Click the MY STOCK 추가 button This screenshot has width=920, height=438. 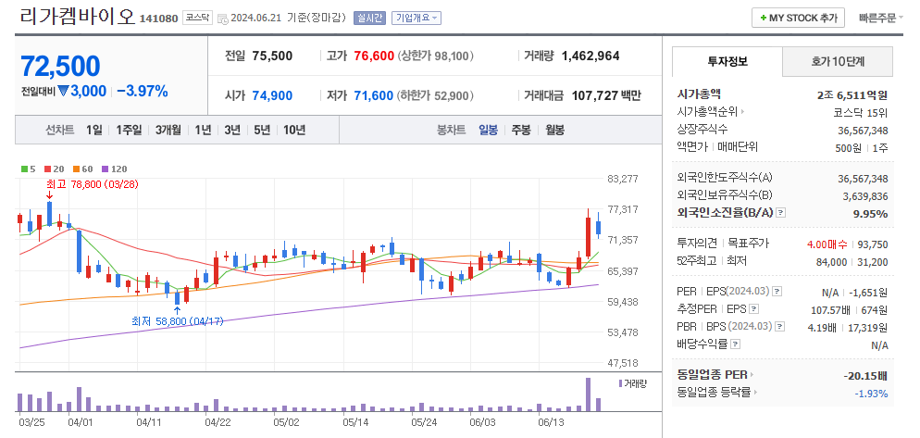[x=799, y=18]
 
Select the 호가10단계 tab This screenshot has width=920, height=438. [x=838, y=61]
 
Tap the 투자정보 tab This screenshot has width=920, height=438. [x=727, y=61]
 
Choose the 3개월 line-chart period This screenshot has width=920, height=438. [x=169, y=130]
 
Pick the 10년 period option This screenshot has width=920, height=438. [x=294, y=130]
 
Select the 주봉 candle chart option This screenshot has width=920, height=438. [x=521, y=130]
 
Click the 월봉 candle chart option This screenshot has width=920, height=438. [x=554, y=130]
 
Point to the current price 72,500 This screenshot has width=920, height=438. [x=60, y=66]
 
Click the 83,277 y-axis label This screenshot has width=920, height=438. [x=623, y=179]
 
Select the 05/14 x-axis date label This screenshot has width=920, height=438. [x=355, y=421]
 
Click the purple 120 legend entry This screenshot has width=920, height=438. [x=115, y=169]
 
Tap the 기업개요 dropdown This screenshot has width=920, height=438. [x=416, y=18]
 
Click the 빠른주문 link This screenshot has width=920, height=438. [x=877, y=18]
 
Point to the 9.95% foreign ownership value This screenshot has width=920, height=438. [x=870, y=213]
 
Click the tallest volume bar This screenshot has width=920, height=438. [x=588, y=394]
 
